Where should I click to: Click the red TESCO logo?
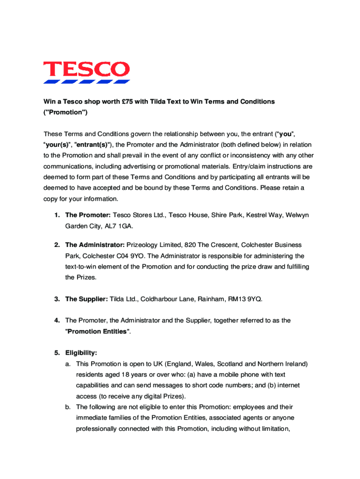tap(86, 70)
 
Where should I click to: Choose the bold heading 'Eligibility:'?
tap(81, 353)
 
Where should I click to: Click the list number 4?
tap(56, 321)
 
